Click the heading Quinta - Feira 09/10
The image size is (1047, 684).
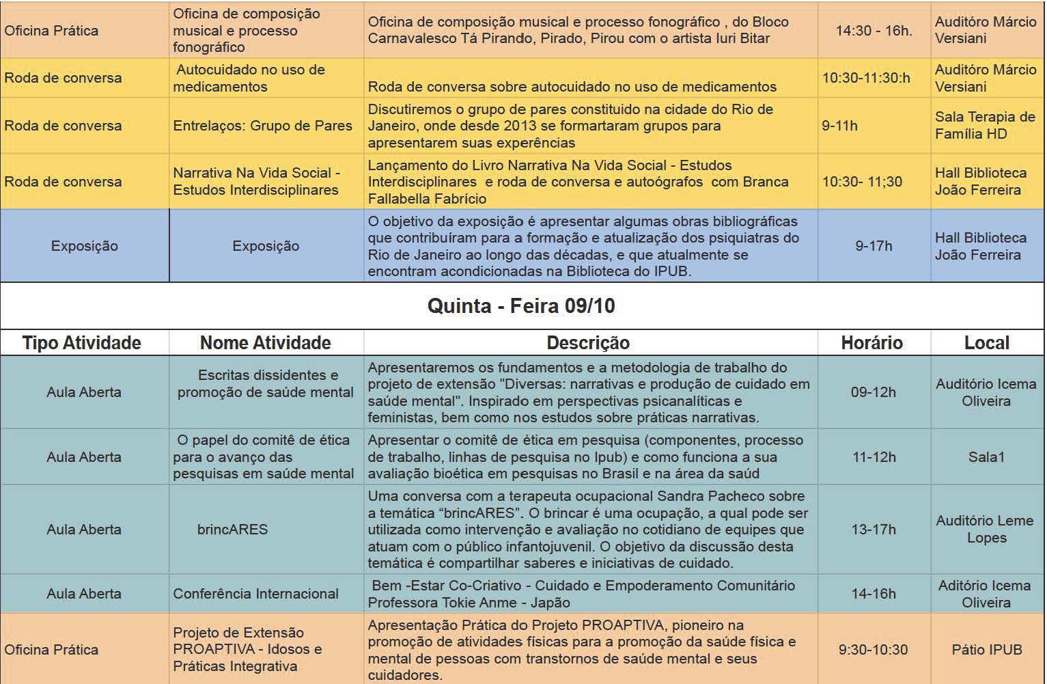point(521,305)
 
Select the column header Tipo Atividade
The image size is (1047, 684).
point(82,342)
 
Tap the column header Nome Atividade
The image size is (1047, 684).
point(265,342)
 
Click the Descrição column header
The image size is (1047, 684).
point(588,342)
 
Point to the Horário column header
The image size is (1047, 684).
point(871,342)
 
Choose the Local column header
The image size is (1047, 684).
point(986,342)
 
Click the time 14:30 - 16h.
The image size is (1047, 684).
point(874,31)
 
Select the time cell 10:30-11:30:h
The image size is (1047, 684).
point(866,78)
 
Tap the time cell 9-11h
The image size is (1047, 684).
point(840,126)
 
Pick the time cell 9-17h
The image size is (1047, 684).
point(874,246)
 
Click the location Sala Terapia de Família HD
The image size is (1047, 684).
point(985,126)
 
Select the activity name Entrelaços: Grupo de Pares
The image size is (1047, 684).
point(263,126)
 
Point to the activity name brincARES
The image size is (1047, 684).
point(232,530)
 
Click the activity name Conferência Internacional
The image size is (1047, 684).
point(255,594)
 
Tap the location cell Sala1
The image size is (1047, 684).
point(986,457)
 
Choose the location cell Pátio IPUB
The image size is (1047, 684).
point(986,649)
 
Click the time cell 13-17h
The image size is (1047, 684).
point(874,530)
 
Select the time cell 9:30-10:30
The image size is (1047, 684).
point(874,649)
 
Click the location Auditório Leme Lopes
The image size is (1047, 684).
point(985,529)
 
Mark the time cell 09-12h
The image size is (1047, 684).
point(874,392)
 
